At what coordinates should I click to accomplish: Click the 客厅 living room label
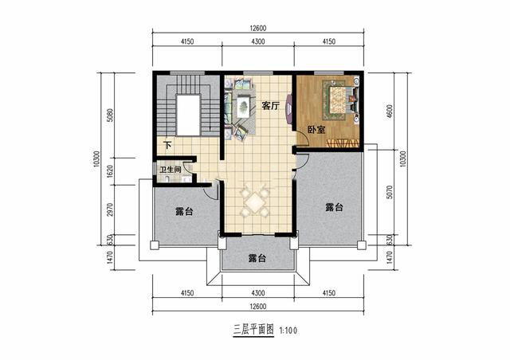pyautogui.click(x=271, y=106)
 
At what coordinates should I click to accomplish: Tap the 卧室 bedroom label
pyautogui.click(x=316, y=130)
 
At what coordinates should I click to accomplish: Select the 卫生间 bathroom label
pyautogui.click(x=170, y=170)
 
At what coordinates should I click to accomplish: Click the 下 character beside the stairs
pyautogui.click(x=167, y=145)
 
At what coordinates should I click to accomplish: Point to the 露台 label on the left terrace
pyautogui.click(x=184, y=211)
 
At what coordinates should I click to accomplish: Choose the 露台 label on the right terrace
pyautogui.click(x=334, y=207)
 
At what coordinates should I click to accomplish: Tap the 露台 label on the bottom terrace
pyautogui.click(x=257, y=258)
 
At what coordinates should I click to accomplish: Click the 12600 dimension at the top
pyautogui.click(x=258, y=29)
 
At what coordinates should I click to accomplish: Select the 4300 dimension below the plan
pyautogui.click(x=258, y=293)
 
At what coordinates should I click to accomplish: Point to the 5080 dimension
pyautogui.click(x=110, y=115)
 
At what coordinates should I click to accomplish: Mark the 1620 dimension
pyautogui.click(x=110, y=171)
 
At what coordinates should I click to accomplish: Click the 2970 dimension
pyautogui.click(x=110, y=209)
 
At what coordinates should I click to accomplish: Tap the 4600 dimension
pyautogui.click(x=390, y=112)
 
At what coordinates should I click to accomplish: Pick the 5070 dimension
pyautogui.click(x=390, y=192)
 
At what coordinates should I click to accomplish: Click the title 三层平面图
pyautogui.click(x=253, y=331)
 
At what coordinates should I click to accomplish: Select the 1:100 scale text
pyautogui.click(x=288, y=331)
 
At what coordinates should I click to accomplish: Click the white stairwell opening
pyautogui.click(x=188, y=115)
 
